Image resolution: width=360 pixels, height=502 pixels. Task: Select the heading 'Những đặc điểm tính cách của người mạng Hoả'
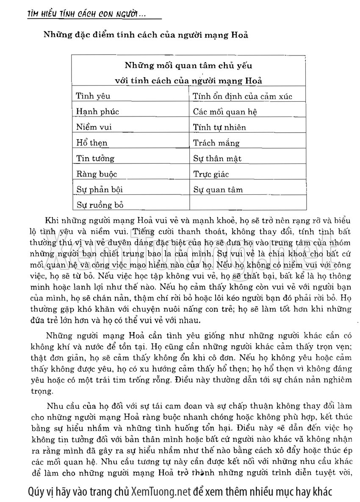[x=146, y=35]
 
